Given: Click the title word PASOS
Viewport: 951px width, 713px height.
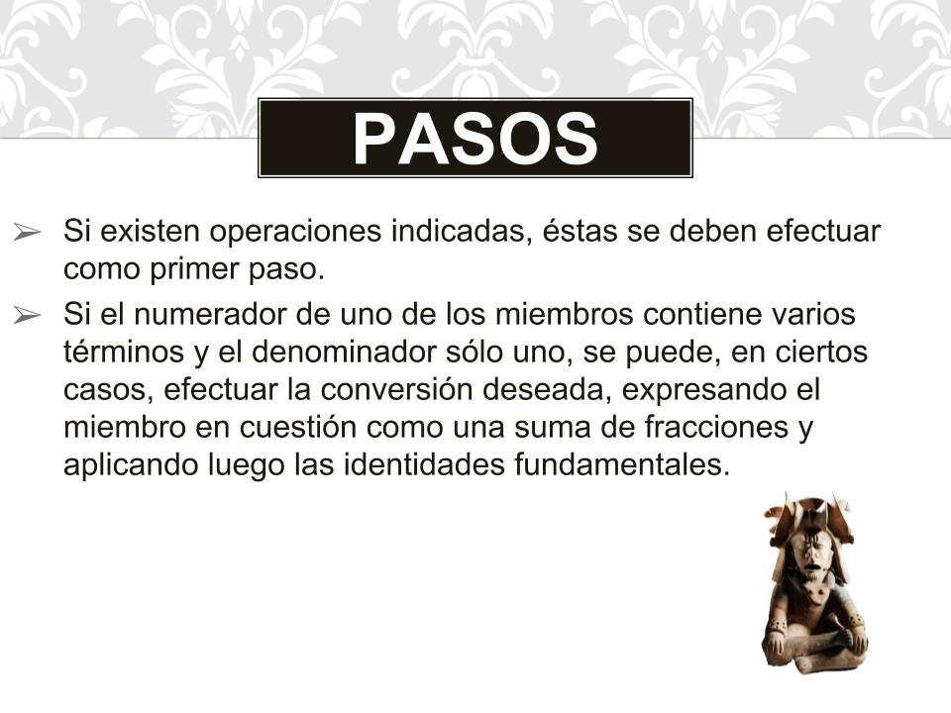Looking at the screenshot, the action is (475, 139).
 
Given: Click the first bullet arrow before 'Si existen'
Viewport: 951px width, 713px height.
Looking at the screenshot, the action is (27, 232).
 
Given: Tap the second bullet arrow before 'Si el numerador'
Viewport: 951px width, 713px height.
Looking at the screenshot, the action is (27, 315).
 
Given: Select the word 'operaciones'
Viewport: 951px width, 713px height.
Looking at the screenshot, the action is (295, 232).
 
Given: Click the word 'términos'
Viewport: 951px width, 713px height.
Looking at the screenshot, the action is (124, 352).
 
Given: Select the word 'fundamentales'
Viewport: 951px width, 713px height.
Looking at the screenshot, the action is (622, 465).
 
